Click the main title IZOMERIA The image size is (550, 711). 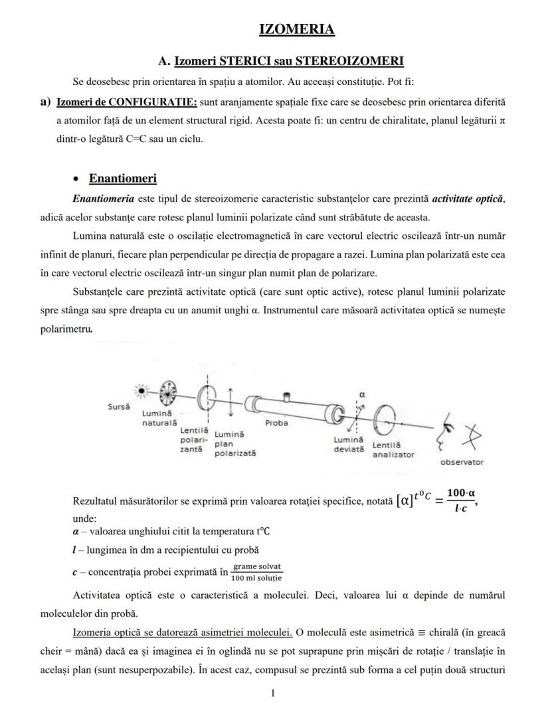pyautogui.click(x=296, y=29)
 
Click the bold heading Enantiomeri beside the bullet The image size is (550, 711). pyautogui.click(x=122, y=179)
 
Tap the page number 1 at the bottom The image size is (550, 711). pyautogui.click(x=272, y=693)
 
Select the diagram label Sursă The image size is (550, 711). pyautogui.click(x=119, y=406)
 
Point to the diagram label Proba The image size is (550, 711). pyautogui.click(x=276, y=422)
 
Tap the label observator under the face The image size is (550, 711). pyautogui.click(x=462, y=462)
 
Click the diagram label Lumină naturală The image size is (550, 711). pyautogui.click(x=159, y=418)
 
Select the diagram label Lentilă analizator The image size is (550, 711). pyautogui.click(x=393, y=449)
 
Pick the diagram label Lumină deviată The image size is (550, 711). pyautogui.click(x=349, y=444)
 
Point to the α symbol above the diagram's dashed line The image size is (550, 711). pyautogui.click(x=362, y=394)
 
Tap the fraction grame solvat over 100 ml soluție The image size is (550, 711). pyautogui.click(x=257, y=572)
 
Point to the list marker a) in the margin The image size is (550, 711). pyautogui.click(x=46, y=102)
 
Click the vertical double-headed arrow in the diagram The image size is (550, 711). pyautogui.click(x=229, y=403)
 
